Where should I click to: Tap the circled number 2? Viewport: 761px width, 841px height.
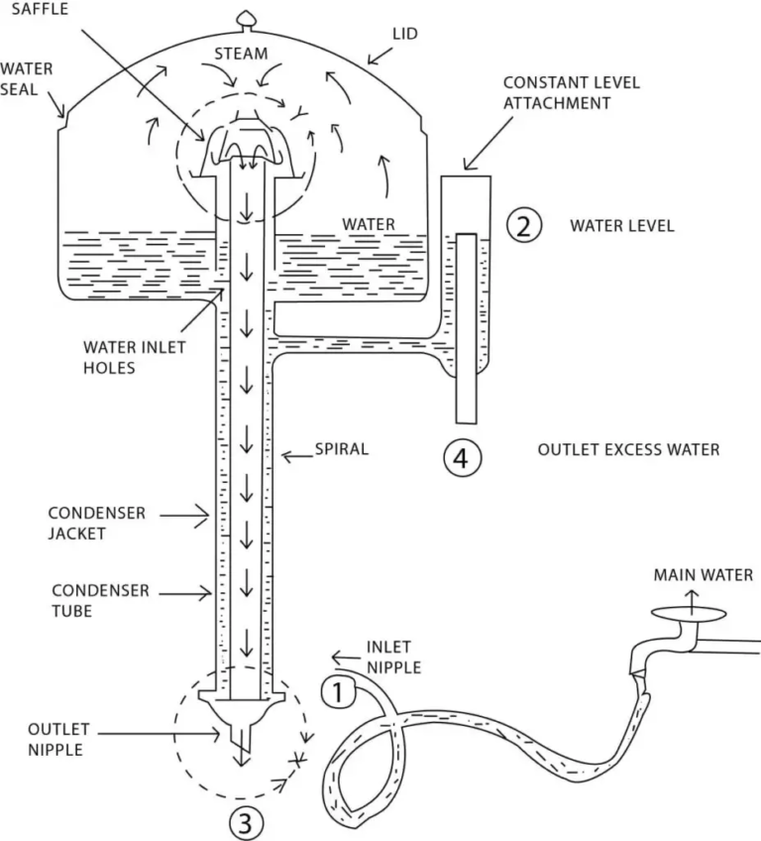(x=522, y=225)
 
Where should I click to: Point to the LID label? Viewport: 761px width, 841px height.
(x=405, y=35)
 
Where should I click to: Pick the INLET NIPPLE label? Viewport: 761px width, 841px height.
(x=393, y=657)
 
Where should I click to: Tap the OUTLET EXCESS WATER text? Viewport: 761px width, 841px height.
(x=628, y=449)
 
